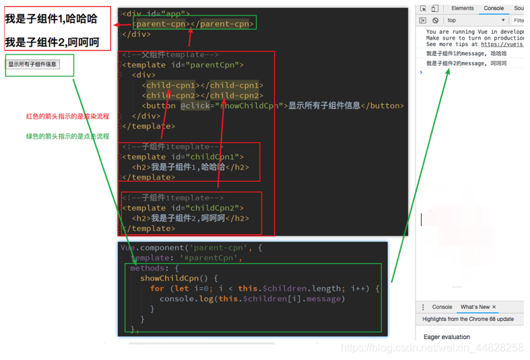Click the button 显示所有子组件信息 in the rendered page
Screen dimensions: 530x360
pyautogui.click(x=32, y=65)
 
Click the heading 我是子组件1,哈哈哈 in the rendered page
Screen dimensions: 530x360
pyautogui.click(x=51, y=20)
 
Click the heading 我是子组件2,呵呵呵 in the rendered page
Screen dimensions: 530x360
pyautogui.click(x=52, y=42)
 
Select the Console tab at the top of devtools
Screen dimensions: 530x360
pyautogui.click(x=493, y=8)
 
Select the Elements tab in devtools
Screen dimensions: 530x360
pyautogui.click(x=463, y=8)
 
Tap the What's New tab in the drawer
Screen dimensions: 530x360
pyautogui.click(x=475, y=307)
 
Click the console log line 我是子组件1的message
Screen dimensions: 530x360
pyautogui.click(x=466, y=52)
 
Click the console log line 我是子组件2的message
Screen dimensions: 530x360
pyautogui.click(x=466, y=63)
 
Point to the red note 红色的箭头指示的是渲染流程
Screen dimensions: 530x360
pyautogui.click(x=67, y=116)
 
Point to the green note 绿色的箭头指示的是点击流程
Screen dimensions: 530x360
pyautogui.click(x=67, y=136)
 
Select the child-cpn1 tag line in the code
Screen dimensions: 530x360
pyautogui.click(x=202, y=85)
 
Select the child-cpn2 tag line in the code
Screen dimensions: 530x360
pyautogui.click(x=202, y=96)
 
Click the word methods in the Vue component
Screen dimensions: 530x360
pyautogui.click(x=146, y=268)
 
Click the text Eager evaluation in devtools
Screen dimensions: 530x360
pyautogui.click(x=446, y=336)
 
